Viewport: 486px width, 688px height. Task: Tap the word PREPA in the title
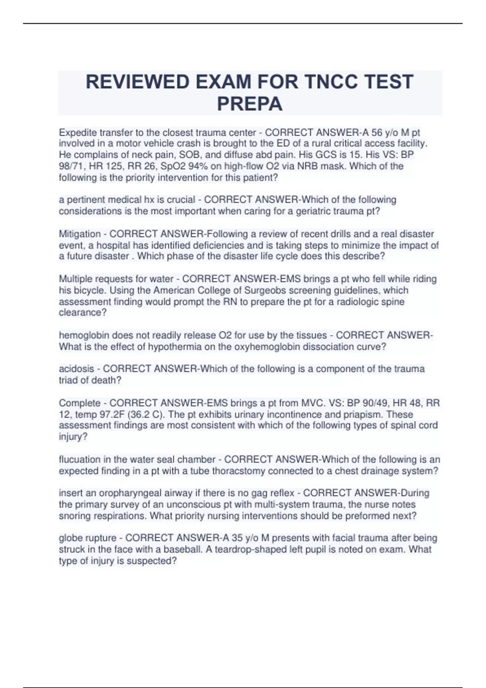click(x=249, y=104)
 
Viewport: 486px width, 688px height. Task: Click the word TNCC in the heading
click(x=328, y=82)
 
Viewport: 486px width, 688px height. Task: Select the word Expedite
click(x=77, y=133)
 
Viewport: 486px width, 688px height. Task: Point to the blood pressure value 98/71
click(x=71, y=166)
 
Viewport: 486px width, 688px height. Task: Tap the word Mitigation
click(x=80, y=234)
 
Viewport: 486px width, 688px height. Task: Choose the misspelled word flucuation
click(x=81, y=460)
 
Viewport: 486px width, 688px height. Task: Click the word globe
click(x=70, y=538)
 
